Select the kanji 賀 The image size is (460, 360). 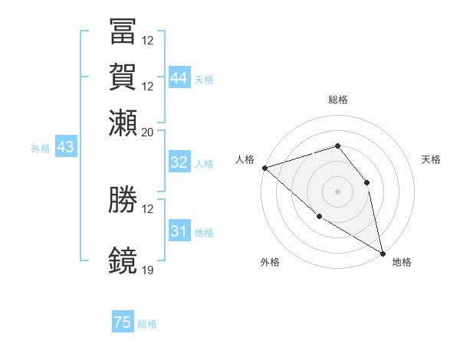click(123, 77)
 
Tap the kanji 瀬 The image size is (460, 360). click(123, 122)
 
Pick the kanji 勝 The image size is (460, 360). click(123, 200)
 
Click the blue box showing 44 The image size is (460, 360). click(179, 77)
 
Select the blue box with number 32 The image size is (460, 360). click(179, 162)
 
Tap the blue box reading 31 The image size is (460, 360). click(179, 231)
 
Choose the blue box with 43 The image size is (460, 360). click(65, 147)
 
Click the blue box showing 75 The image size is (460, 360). click(123, 323)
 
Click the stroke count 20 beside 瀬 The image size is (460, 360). click(148, 131)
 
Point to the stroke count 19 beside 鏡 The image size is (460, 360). click(148, 270)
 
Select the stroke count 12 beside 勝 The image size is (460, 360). click(148, 209)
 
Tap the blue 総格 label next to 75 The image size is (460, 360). click(147, 325)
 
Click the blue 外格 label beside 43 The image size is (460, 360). click(41, 149)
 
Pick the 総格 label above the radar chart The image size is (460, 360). click(338, 100)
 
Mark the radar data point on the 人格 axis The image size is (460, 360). click(264, 168)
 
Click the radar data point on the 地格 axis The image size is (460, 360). click(383, 253)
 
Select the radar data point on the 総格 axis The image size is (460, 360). click(337, 146)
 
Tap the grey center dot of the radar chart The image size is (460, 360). click(337, 191)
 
